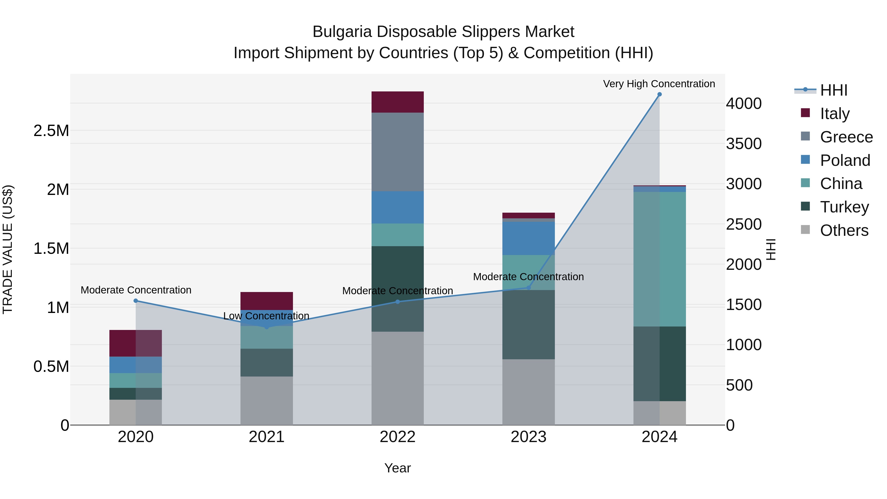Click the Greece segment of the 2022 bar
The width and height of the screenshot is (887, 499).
[x=397, y=152]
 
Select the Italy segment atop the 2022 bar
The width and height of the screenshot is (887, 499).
[x=397, y=102]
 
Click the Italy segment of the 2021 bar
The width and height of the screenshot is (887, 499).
[x=267, y=301]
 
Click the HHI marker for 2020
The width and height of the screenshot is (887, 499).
[x=136, y=301]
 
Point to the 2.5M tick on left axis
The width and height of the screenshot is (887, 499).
[x=51, y=131]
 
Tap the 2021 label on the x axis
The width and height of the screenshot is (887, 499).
[x=267, y=437]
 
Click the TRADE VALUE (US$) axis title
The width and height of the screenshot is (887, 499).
[x=8, y=249]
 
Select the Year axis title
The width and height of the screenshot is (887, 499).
[x=397, y=468]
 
